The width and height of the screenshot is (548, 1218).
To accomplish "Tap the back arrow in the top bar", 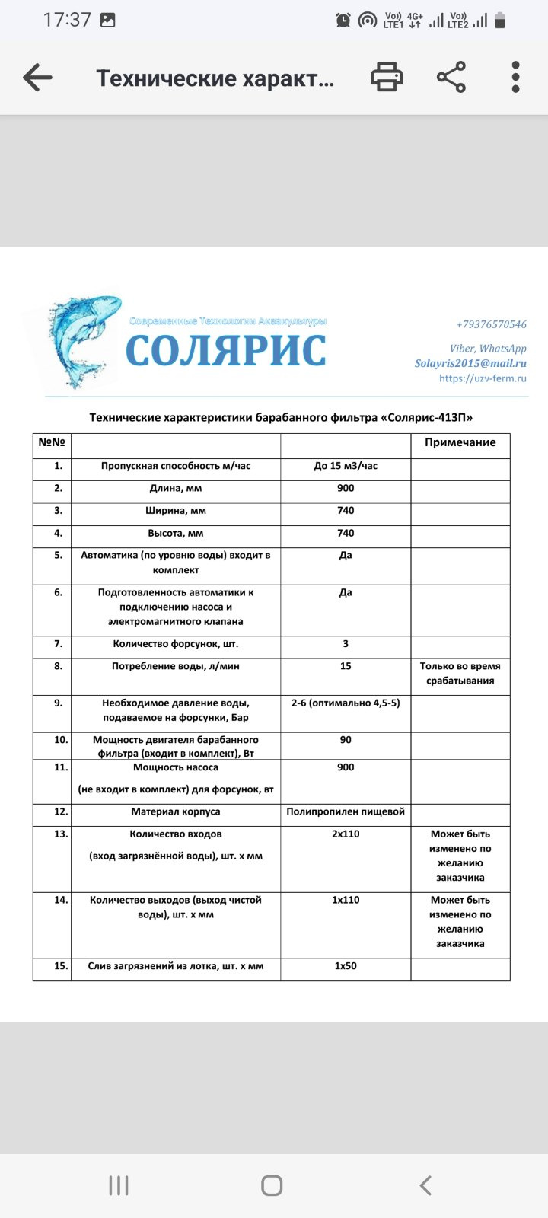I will point(37,78).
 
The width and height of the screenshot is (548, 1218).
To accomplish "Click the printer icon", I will point(387,78).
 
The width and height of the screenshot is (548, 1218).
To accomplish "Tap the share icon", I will point(451,78).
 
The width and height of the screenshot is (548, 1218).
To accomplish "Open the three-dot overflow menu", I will point(515,78).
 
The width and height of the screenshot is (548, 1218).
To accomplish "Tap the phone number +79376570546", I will point(491,324).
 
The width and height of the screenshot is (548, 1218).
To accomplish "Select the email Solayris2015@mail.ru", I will point(470,363).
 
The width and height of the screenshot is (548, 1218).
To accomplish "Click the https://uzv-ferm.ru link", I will point(483,378).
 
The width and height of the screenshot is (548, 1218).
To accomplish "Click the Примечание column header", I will point(460,442).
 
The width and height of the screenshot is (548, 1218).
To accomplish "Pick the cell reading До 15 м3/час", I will point(346,466).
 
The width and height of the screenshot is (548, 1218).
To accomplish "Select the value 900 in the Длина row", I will point(346,488).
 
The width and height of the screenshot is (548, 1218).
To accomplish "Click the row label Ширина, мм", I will point(176,511).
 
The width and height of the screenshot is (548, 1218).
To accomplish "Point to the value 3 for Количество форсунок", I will point(346,644).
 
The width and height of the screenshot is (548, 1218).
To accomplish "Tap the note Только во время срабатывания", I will point(460,673).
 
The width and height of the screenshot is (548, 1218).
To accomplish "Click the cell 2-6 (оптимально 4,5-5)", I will point(346,703).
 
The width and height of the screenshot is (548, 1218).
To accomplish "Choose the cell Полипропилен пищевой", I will point(346,811).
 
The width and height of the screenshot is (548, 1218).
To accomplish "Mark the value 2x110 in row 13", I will point(346,834).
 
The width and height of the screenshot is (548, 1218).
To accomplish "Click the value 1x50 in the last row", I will point(346,966).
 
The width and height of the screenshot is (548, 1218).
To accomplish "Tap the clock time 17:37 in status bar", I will point(67,20).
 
